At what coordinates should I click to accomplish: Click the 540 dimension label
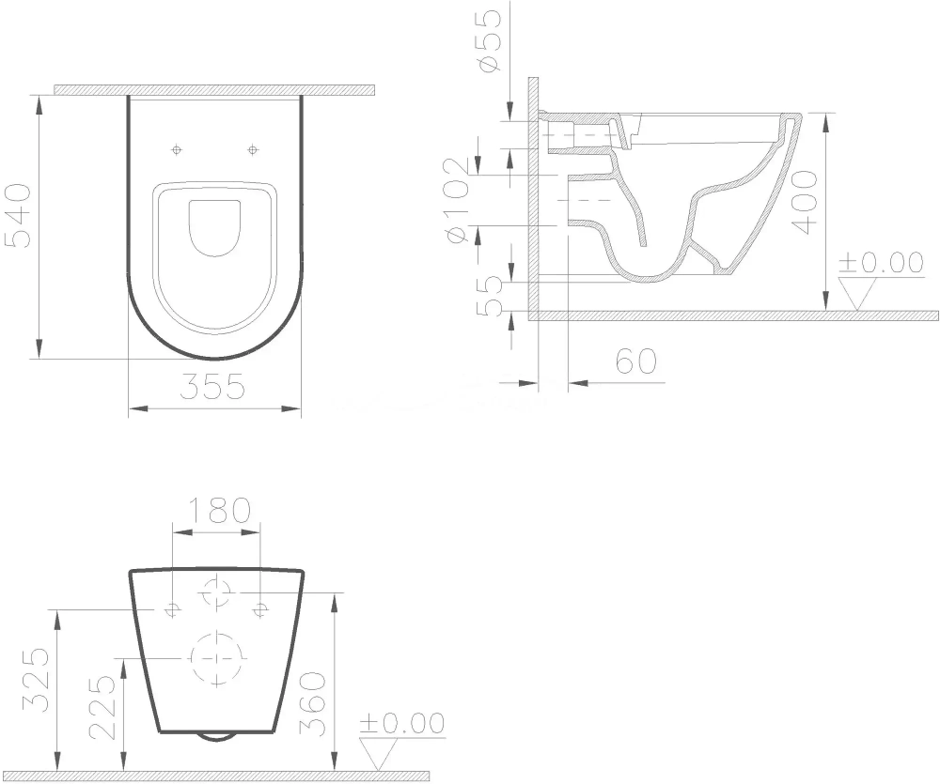point(18,216)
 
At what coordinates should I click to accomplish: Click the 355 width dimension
point(212,386)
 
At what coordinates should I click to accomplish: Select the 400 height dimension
point(804,202)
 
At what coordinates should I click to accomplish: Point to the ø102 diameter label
point(457,201)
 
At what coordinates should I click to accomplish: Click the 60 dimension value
point(636,361)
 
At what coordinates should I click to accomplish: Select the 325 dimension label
point(35,680)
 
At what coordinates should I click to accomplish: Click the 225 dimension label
point(102,708)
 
